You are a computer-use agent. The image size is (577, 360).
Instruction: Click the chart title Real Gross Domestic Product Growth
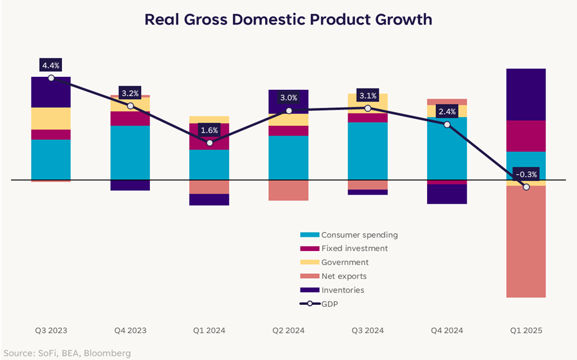(288, 19)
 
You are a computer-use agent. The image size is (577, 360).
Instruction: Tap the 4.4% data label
(51, 65)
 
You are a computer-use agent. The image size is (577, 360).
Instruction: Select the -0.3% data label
(526, 173)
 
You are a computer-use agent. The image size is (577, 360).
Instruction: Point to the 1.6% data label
(209, 130)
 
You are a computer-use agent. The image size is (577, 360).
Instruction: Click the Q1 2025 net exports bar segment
(526, 242)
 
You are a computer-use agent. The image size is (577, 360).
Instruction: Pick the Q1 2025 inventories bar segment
(526, 94)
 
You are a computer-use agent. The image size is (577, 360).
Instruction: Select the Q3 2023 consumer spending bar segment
(51, 159)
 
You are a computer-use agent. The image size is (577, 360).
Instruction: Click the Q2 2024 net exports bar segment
(288, 190)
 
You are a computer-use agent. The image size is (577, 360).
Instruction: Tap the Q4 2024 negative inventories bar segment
(447, 194)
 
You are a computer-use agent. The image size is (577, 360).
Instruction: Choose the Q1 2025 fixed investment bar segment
(526, 136)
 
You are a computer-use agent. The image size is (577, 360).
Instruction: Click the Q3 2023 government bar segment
(51, 118)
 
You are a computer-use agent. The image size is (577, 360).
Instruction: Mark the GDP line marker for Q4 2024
(447, 124)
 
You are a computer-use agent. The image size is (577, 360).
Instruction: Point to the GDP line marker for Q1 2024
(209, 143)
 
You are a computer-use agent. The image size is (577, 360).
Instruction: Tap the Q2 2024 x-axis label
(288, 330)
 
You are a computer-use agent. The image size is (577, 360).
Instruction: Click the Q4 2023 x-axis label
(130, 330)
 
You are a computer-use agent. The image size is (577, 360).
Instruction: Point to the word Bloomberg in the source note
(109, 353)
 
